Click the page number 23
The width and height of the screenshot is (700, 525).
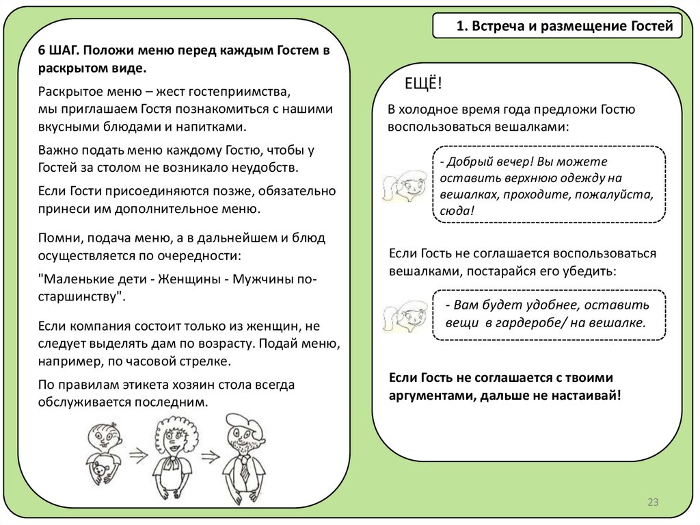(x=652, y=503)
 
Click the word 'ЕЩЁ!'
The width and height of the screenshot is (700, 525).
(x=424, y=84)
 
